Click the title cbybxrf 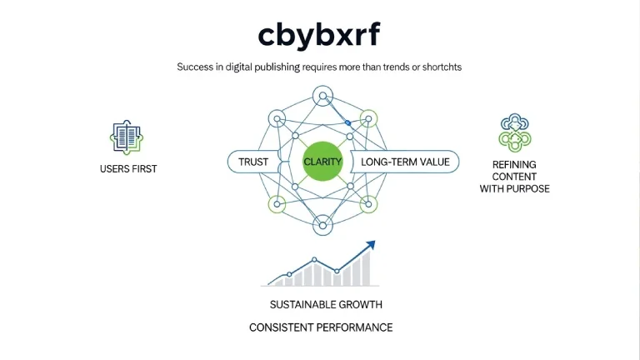(321, 35)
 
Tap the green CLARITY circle (322, 162)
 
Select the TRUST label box (253, 162)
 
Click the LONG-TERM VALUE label (405, 162)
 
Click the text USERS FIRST (128, 169)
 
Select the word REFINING (514, 165)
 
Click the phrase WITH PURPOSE (514, 188)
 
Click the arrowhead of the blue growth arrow (370, 245)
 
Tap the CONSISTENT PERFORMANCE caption (321, 327)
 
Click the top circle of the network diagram (322, 97)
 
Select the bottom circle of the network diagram (322, 224)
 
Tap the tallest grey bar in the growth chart (365, 269)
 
